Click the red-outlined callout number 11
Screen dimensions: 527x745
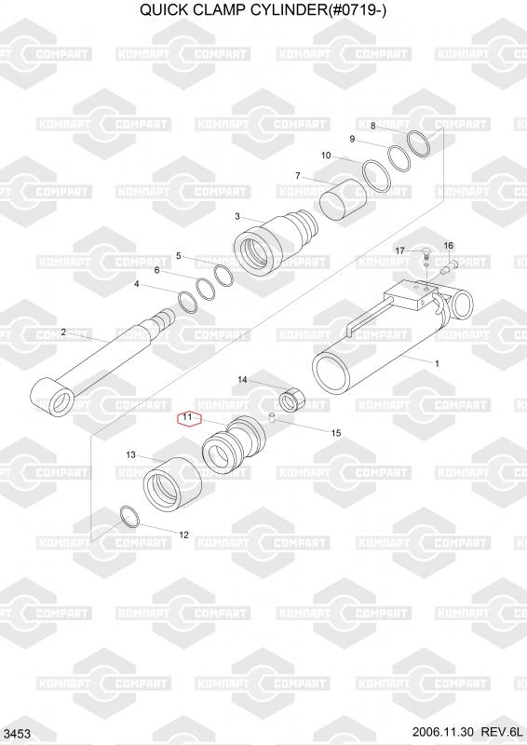[x=189, y=419]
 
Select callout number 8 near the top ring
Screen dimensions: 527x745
[x=373, y=126]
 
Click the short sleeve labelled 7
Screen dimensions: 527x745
[x=343, y=199]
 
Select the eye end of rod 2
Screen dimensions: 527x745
[x=52, y=399]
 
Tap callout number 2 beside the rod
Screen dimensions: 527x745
[x=63, y=332]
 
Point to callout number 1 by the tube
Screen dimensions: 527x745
[x=438, y=364]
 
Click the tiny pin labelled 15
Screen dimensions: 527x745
[x=273, y=417]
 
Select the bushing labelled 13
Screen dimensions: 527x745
[x=172, y=482]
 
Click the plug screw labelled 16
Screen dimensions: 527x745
[x=449, y=266]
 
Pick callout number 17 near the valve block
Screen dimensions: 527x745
[x=400, y=251]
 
